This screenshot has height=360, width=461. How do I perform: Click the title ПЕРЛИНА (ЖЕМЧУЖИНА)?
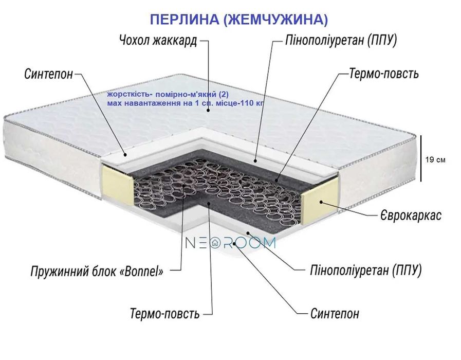(238, 20)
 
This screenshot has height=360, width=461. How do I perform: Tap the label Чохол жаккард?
(158, 41)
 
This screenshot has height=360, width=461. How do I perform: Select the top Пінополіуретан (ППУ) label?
(341, 41)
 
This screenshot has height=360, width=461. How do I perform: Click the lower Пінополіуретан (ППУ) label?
(366, 270)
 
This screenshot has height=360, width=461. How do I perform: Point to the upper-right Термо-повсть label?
(383, 74)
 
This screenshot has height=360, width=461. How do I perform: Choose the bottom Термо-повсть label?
(164, 313)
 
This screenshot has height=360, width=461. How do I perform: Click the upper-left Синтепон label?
(49, 74)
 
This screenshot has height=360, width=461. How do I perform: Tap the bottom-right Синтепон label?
(335, 313)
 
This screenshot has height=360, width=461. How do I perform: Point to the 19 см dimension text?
(436, 160)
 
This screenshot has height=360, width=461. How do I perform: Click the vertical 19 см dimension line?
(421, 158)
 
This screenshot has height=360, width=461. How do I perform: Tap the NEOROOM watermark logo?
(230, 243)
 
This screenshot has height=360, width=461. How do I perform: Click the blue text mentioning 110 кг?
(186, 103)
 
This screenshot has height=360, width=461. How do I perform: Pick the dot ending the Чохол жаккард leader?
(209, 110)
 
